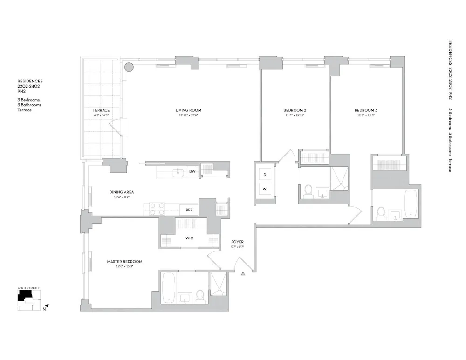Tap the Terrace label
pos(101,110)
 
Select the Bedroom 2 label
pos(295,110)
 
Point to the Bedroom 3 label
pos(366,110)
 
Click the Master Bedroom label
pos(124,262)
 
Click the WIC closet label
pos(189,238)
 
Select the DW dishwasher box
pos(192,172)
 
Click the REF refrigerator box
pos(189,210)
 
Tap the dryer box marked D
pos(265,174)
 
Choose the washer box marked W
pos(265,189)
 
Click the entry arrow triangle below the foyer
pos(243,274)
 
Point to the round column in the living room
pos(129,68)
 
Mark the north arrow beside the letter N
pos(47,306)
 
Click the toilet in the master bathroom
pos(200,296)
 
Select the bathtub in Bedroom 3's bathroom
pos(411,204)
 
